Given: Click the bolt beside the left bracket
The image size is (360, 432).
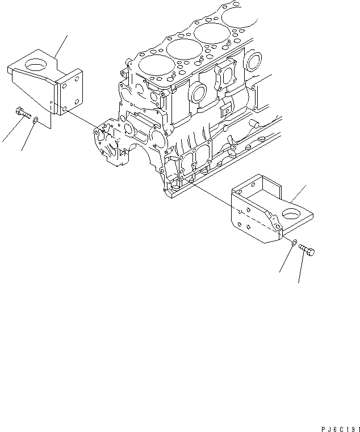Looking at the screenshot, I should [23, 113].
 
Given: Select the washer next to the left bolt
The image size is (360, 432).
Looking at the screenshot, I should [36, 120].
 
